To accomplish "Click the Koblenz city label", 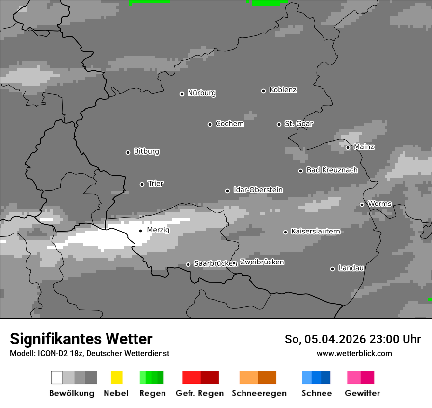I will (283, 90).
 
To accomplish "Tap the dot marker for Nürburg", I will (182, 94).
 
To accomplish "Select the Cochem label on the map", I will (230, 124).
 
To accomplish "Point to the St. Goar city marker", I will (279, 124).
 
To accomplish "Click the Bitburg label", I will (146, 151).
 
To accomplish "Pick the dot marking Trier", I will (142, 184).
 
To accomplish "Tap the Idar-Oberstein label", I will (258, 190).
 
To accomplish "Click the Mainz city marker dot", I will (348, 147).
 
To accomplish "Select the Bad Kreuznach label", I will (332, 170).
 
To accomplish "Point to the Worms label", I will (379, 204).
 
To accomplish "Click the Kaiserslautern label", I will (316, 231).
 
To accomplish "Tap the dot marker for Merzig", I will (140, 231).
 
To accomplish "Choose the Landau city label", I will (351, 268).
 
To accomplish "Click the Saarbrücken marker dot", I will (188, 264).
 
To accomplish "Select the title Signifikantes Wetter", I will (81, 339).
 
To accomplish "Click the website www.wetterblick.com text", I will (354, 353).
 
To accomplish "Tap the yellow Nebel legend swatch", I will (116, 378).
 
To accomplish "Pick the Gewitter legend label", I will (362, 393).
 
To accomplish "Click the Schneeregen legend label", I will (259, 393).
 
